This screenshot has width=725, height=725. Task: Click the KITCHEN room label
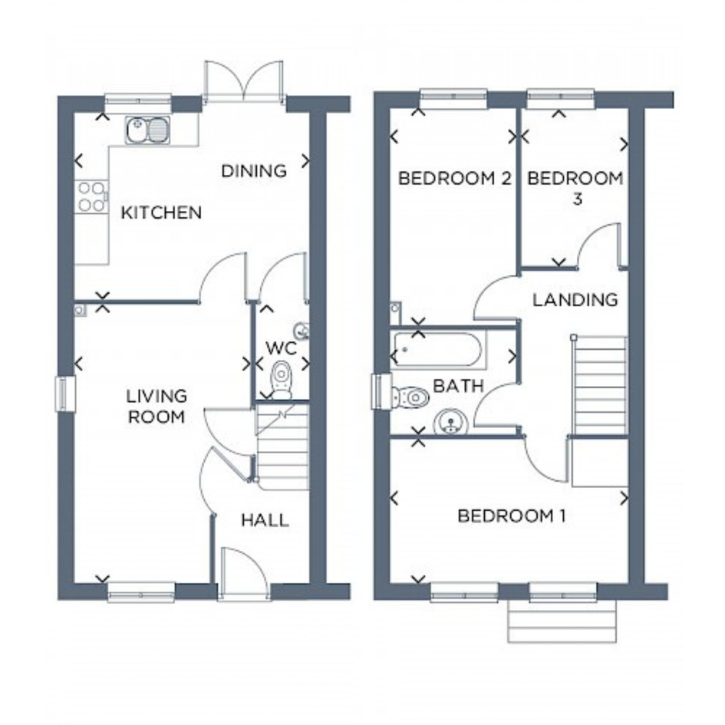coord(161,213)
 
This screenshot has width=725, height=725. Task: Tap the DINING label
coord(254,171)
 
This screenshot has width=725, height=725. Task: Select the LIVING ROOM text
coord(157,407)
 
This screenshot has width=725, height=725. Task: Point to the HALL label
coord(265,521)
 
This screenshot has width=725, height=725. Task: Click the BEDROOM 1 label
coord(512,516)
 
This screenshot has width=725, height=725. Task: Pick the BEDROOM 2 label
coord(454,178)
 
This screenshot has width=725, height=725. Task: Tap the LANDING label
coord(575,300)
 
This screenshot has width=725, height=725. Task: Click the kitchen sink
coord(147,130)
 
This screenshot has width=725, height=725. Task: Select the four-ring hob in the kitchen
coord(91,196)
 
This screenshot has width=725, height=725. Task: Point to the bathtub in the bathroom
coord(438,350)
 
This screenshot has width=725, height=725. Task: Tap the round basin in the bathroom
coord(450,422)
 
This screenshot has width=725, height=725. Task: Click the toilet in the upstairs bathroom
coord(410,397)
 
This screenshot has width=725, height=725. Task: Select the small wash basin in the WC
coord(302,331)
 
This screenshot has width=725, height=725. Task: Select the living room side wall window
coord(65,394)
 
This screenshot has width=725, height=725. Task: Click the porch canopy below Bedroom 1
coord(562,621)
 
